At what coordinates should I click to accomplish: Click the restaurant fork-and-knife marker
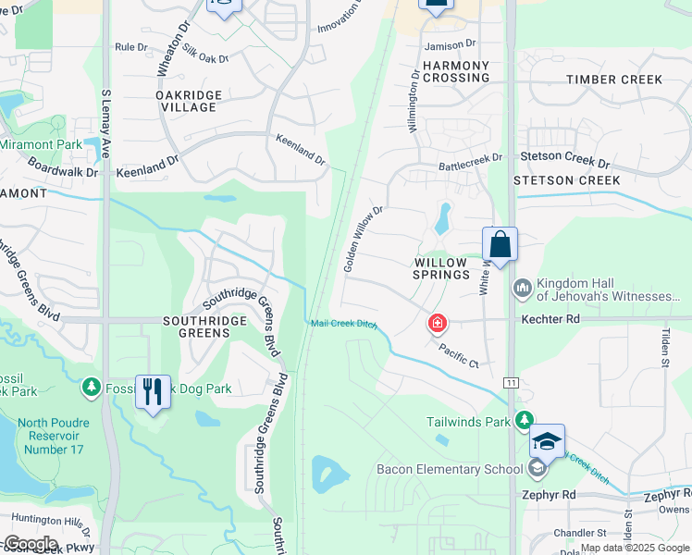click(154, 392)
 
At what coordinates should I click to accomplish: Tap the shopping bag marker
click(500, 245)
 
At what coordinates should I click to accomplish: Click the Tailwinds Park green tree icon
click(525, 421)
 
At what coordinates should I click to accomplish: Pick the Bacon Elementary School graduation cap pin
click(547, 442)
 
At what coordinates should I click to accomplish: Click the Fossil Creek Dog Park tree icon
click(91, 388)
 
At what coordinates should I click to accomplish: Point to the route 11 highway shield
click(511, 382)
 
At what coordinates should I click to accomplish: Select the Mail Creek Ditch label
click(344, 322)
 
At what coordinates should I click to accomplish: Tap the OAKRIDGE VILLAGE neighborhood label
click(186, 101)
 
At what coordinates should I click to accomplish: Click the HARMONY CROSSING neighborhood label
click(455, 71)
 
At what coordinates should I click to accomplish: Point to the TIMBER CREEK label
click(614, 80)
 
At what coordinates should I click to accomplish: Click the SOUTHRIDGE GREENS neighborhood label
click(204, 327)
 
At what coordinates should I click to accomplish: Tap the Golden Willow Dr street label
click(363, 239)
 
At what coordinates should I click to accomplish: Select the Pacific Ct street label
click(460, 356)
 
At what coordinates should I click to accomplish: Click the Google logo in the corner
click(31, 544)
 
